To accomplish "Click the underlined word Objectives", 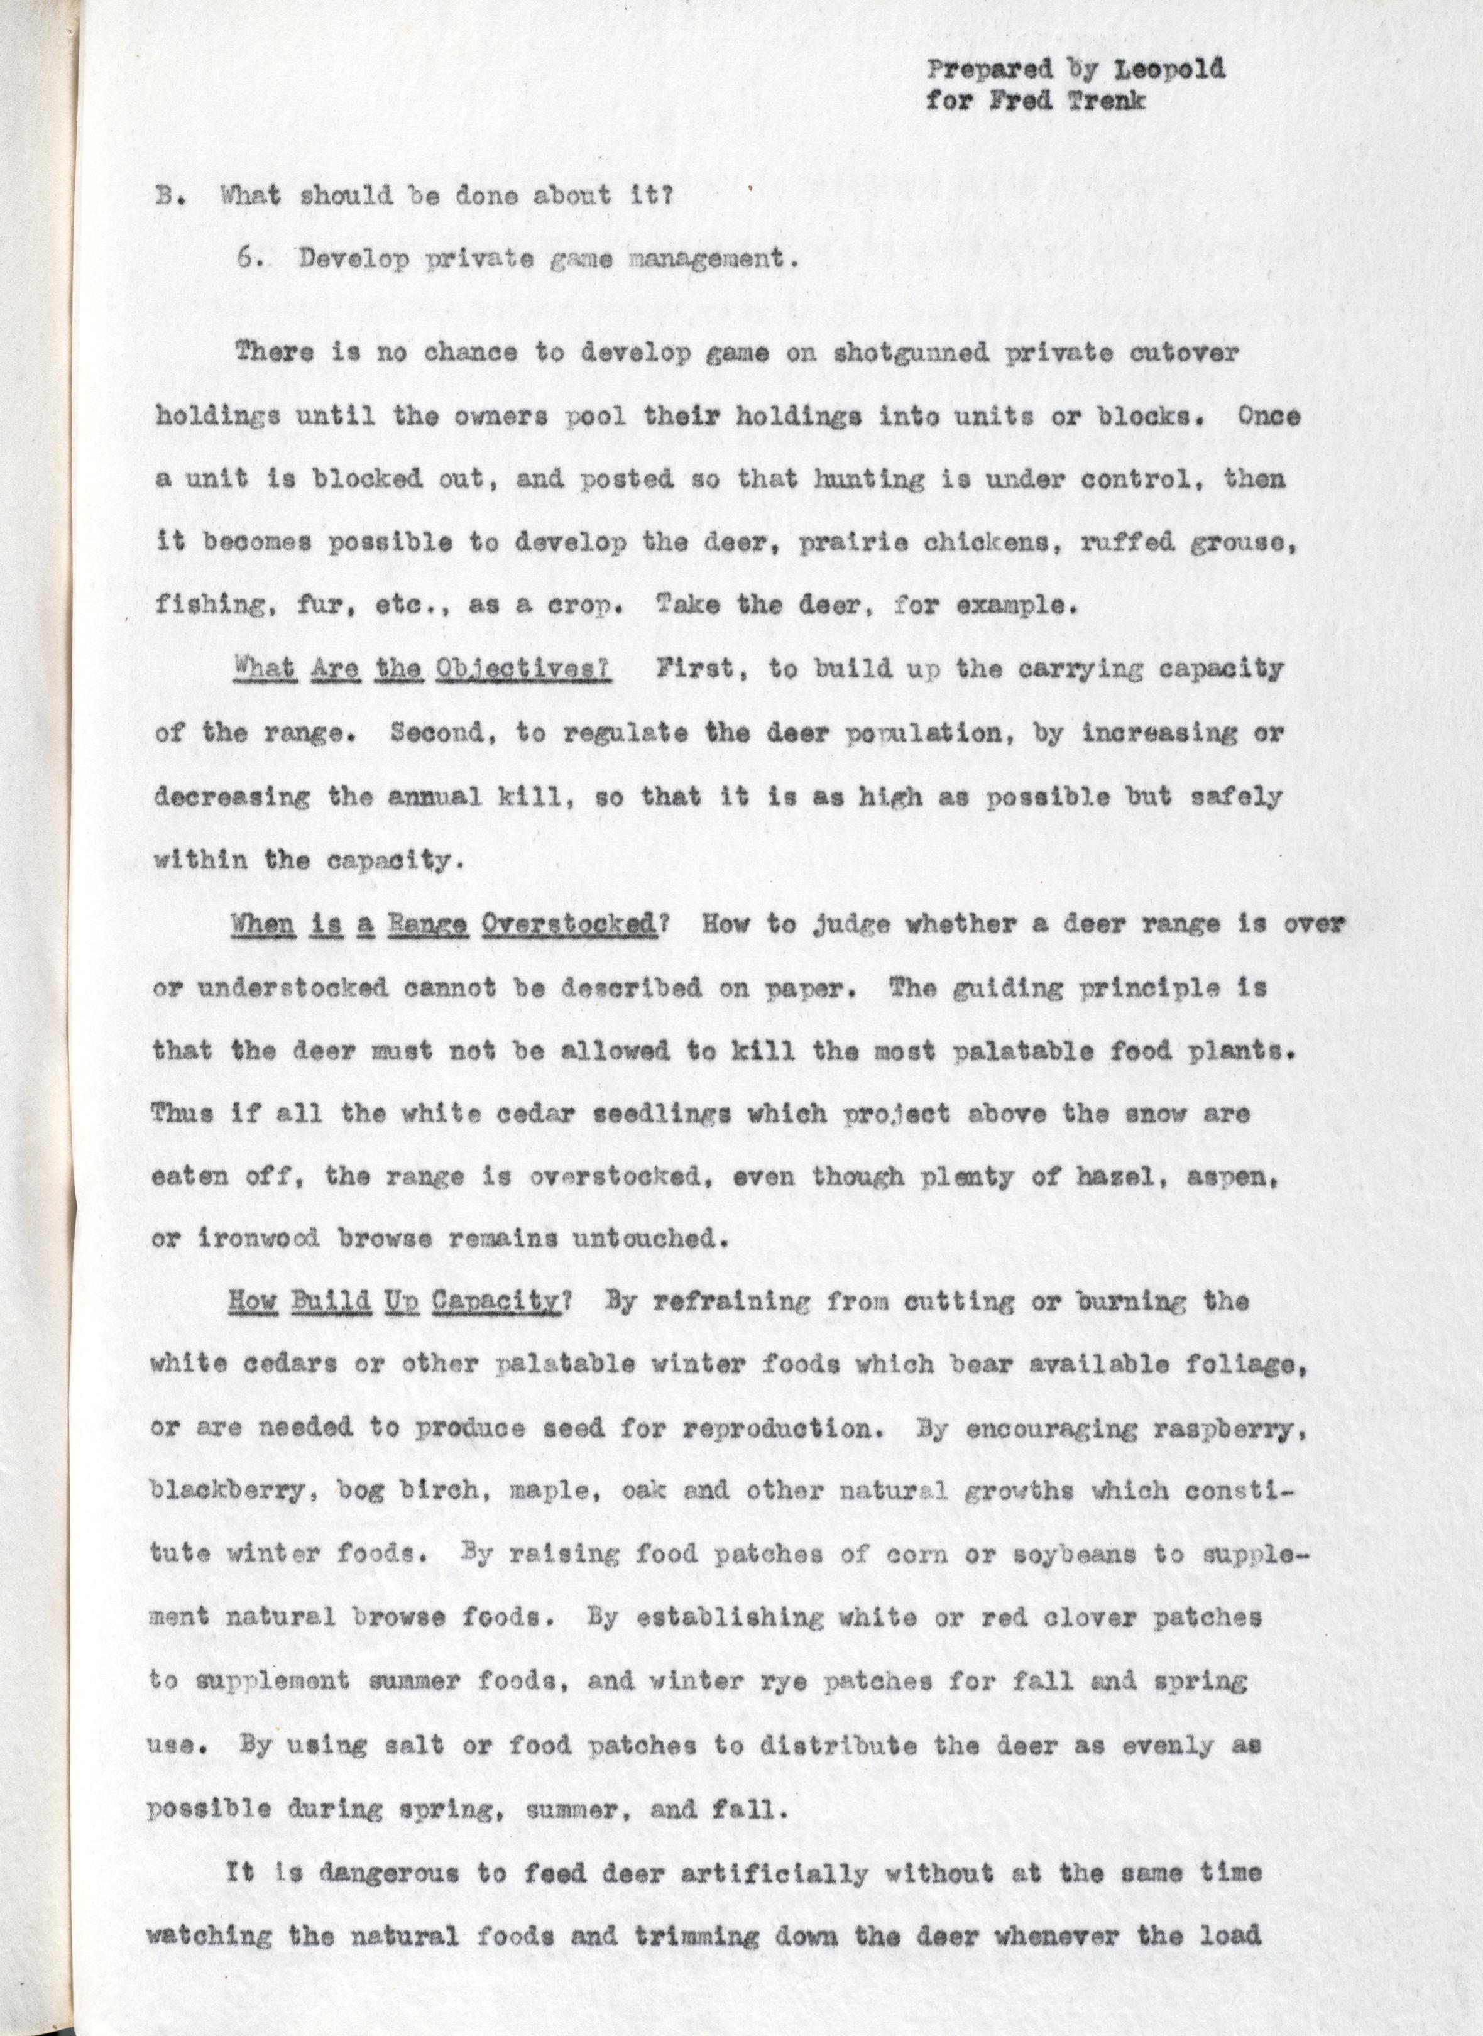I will click(522, 670).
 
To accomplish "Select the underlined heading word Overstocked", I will click(565, 926).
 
